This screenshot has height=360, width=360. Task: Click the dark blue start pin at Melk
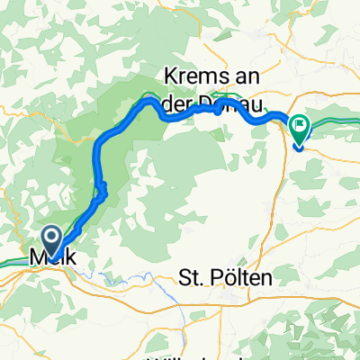point(50,239)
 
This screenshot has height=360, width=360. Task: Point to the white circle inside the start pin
point(50,237)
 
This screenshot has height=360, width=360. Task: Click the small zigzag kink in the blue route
point(103,190)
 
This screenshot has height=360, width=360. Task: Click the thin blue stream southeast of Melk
point(135,274)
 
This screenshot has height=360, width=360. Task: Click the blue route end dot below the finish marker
point(297,148)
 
